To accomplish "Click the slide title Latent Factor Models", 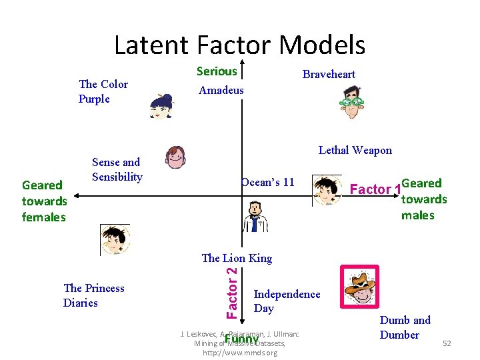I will pyautogui.click(x=239, y=45).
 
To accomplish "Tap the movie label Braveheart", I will pyautogui.click(x=329, y=74).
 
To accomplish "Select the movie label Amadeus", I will pyautogui.click(x=221, y=90).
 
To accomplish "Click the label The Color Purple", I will pyautogui.click(x=103, y=91).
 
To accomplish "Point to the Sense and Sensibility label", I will pyautogui.click(x=117, y=169).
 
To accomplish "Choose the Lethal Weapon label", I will pyautogui.click(x=355, y=150).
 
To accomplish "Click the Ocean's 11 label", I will pyautogui.click(x=267, y=182).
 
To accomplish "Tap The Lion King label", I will pyautogui.click(x=237, y=258).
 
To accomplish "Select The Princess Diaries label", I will pyautogui.click(x=93, y=295).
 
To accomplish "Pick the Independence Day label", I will pyautogui.click(x=287, y=301).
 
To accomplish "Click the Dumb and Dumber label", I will pyautogui.click(x=405, y=327).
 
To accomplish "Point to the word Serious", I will pyautogui.click(x=217, y=71).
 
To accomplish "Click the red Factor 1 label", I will pyautogui.click(x=375, y=189).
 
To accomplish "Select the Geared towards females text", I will pyautogui.click(x=44, y=201).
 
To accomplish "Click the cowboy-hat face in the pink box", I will pyautogui.click(x=359, y=287).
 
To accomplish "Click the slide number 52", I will pyautogui.click(x=447, y=343).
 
